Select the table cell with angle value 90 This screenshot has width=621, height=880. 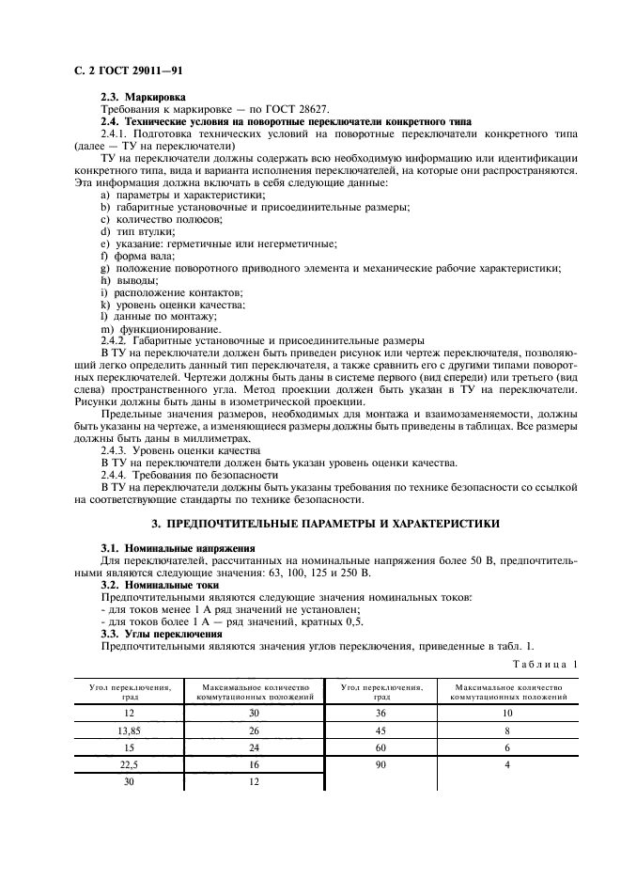point(381,765)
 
